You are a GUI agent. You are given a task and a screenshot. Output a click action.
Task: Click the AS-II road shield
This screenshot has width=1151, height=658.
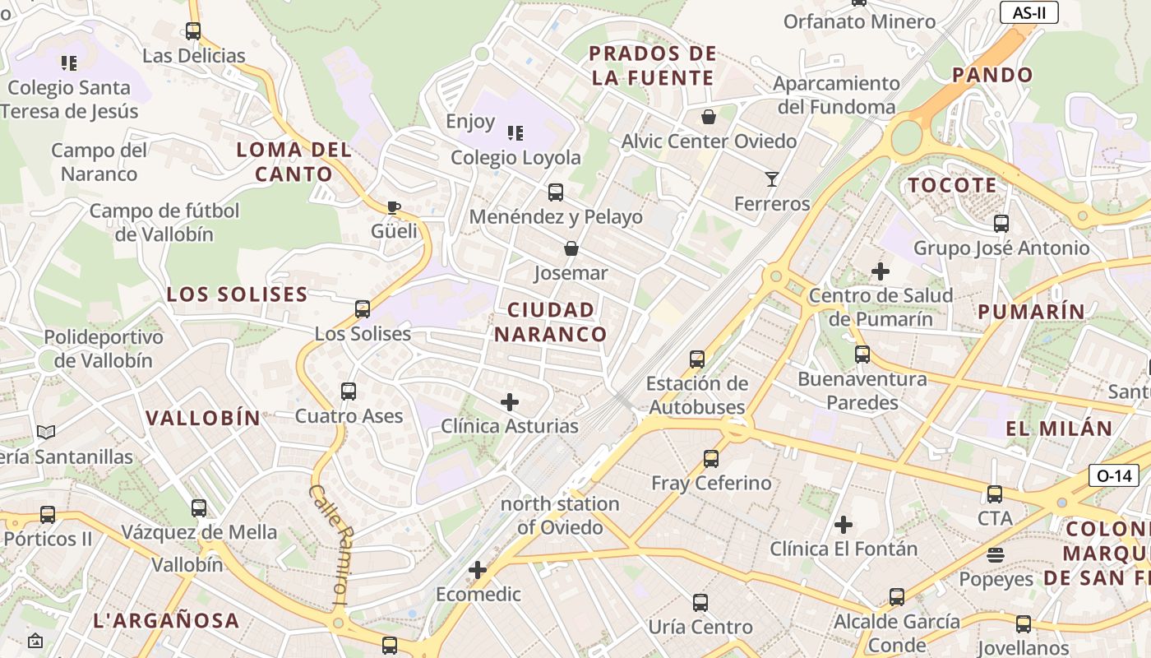click(x=1029, y=12)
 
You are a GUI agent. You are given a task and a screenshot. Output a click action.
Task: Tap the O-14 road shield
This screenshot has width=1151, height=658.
click(x=1114, y=475)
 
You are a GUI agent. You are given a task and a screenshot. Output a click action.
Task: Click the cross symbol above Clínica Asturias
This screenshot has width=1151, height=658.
click(x=510, y=402)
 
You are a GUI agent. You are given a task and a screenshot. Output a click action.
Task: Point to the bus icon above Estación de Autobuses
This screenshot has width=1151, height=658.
click(x=697, y=359)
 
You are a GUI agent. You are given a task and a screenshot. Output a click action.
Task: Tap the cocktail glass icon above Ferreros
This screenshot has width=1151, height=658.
click(x=771, y=179)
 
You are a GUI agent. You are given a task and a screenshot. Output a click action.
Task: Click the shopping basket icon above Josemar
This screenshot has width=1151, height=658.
click(x=571, y=248)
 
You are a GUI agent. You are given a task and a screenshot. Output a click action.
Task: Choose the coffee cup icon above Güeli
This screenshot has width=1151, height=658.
click(x=394, y=207)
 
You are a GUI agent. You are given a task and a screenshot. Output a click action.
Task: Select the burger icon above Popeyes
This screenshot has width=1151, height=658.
click(x=996, y=555)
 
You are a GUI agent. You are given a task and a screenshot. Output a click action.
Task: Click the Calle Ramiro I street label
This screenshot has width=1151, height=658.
click(x=331, y=545)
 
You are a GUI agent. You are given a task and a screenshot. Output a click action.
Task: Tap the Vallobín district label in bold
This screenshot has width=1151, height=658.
click(x=203, y=418)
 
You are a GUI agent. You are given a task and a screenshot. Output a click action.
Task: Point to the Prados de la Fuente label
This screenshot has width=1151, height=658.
click(x=653, y=67)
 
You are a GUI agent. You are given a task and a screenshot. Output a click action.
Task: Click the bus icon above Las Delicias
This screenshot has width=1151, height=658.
click(x=193, y=32)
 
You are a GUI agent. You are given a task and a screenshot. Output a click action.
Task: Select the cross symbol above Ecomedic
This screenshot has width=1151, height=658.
click(x=478, y=570)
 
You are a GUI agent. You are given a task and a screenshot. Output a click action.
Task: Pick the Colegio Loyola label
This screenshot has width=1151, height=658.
click(x=515, y=157)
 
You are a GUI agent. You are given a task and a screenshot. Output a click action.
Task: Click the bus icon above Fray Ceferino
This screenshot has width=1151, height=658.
click(x=711, y=459)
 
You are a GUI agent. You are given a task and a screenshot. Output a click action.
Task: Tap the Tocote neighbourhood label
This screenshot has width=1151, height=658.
click(x=952, y=185)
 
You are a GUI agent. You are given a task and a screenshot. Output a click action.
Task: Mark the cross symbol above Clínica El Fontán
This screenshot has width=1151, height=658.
click(x=844, y=525)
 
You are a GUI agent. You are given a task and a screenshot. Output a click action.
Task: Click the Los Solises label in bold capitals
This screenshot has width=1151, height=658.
click(x=237, y=294)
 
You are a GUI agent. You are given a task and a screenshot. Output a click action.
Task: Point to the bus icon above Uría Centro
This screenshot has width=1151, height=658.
click(x=700, y=603)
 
